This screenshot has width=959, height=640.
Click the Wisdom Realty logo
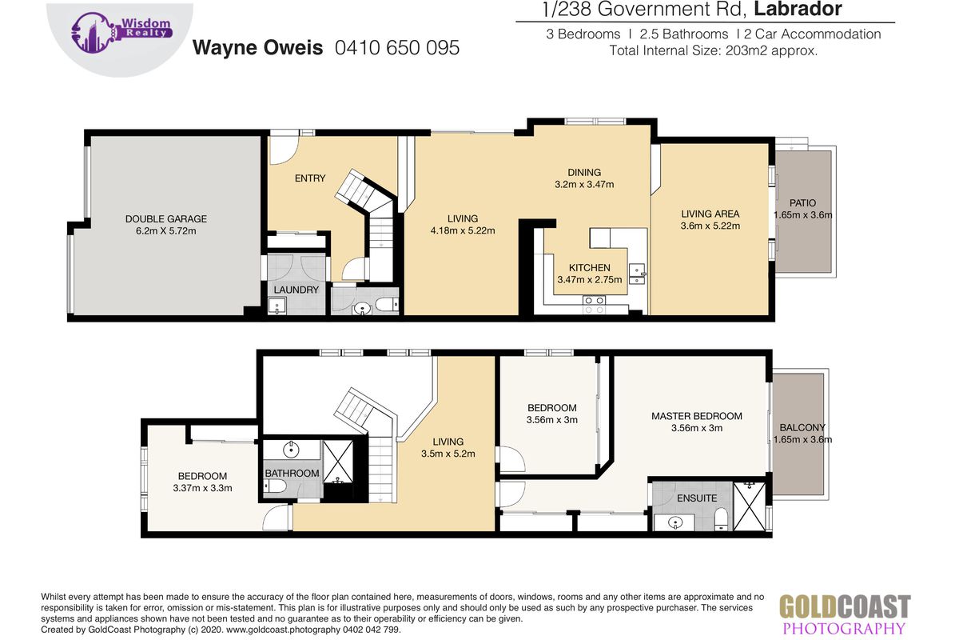[x=122, y=33]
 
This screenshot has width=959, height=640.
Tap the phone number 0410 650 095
[x=397, y=47]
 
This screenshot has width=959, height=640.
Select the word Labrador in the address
[x=798, y=10]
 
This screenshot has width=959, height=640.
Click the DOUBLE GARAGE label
[x=166, y=218]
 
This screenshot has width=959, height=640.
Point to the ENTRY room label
[x=310, y=178]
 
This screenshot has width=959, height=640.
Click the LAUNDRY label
[x=296, y=290]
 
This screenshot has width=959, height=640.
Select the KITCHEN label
[x=590, y=268]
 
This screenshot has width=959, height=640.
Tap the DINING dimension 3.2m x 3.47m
[x=584, y=184]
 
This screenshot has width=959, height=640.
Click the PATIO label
[x=802, y=202]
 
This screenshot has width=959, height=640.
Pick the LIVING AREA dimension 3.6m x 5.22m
[x=710, y=226]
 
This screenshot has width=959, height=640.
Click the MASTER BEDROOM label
[x=697, y=416]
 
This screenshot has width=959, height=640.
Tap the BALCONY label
[x=802, y=427]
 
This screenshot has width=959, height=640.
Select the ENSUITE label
[x=697, y=498]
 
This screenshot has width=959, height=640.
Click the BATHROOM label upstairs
[x=292, y=474]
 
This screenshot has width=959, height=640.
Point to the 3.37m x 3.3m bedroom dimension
[x=202, y=488]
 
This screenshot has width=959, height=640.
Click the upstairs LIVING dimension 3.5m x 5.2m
[x=448, y=454]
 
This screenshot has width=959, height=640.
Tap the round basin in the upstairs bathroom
[x=291, y=450]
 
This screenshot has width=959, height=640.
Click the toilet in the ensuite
[x=722, y=519]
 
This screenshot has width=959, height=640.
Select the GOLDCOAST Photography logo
[x=845, y=614]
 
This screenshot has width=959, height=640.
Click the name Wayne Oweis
[x=257, y=47]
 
